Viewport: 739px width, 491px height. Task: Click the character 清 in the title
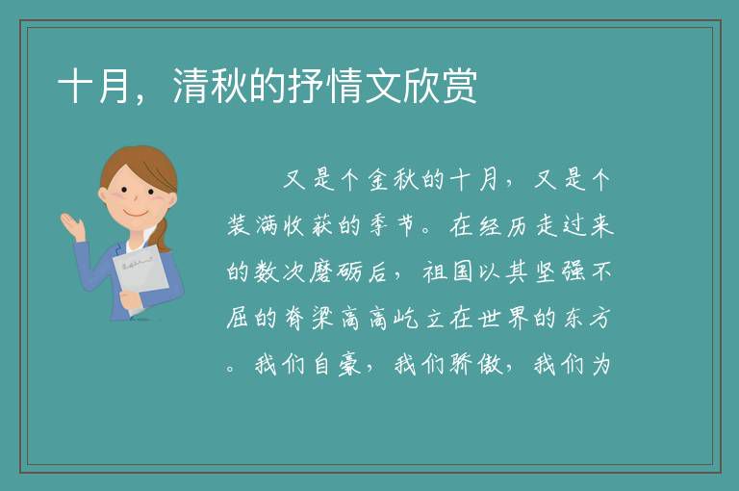click(x=191, y=86)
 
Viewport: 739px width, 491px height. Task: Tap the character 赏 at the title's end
click(x=459, y=86)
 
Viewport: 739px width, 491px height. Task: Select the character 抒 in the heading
click(x=306, y=86)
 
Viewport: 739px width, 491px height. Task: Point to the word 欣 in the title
click(x=420, y=86)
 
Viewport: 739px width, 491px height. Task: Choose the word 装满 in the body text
click(x=252, y=225)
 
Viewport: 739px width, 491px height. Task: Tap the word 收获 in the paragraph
click(x=309, y=225)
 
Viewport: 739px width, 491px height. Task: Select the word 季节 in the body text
click(x=393, y=225)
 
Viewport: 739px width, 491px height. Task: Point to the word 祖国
click(x=448, y=271)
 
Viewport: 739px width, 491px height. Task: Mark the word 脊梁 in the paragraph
click(x=309, y=318)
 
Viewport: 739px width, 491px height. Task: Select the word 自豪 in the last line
click(x=337, y=364)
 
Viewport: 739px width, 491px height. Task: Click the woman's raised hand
click(x=72, y=225)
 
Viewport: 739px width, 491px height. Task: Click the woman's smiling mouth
click(x=136, y=214)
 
